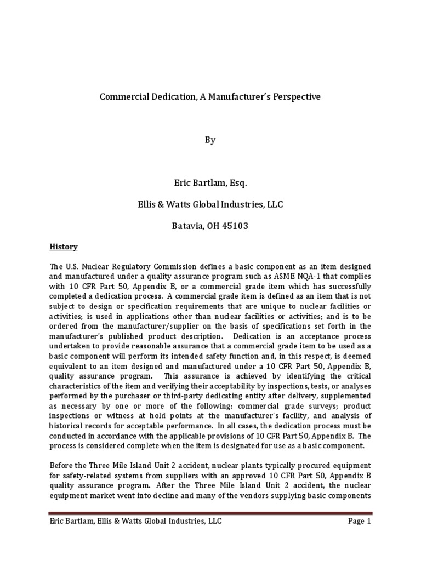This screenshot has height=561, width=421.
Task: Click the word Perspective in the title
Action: pyautogui.click(x=294, y=97)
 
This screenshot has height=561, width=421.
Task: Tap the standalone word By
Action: pyautogui.click(x=210, y=140)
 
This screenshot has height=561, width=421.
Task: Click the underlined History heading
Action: pyautogui.click(x=64, y=247)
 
